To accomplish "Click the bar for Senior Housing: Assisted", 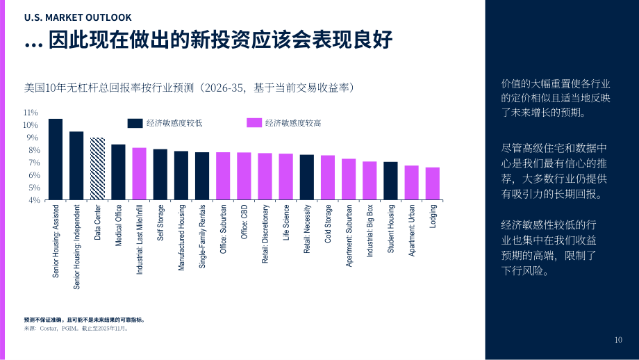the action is [56, 159].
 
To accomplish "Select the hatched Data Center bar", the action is [97, 169].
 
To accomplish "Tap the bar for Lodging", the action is [433, 184].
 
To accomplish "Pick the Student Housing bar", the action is [390, 181].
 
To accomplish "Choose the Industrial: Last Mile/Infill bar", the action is [140, 174].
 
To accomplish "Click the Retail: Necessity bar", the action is [307, 177].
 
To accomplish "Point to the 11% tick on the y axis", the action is [31, 113].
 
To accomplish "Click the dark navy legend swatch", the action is [135, 123].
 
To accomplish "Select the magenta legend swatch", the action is [254, 123].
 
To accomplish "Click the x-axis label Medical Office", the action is [119, 225].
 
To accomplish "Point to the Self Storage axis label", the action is [160, 222].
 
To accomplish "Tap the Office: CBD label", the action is [244, 222].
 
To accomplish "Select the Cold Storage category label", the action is [328, 224].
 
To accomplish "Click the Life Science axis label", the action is [286, 222].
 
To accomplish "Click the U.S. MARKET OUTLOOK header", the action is [78, 17].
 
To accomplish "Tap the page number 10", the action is [618, 340].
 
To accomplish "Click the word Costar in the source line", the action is [49, 329].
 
